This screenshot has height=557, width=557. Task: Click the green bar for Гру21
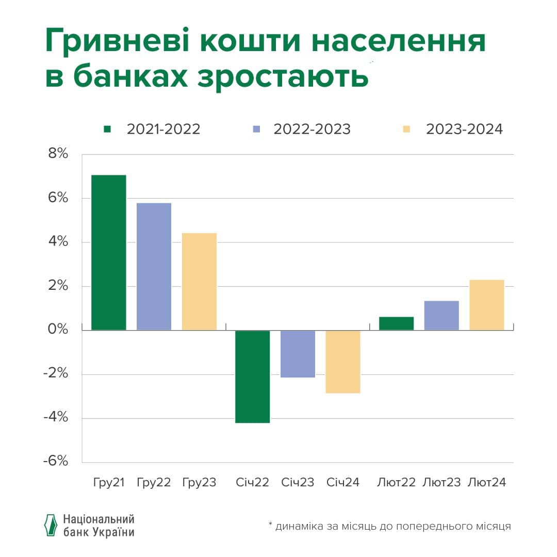(x=109, y=253)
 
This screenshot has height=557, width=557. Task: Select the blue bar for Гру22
(x=154, y=267)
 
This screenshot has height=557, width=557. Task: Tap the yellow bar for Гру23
(x=199, y=282)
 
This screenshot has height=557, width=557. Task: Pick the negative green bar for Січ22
(x=253, y=376)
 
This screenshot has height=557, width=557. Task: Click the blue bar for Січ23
(x=298, y=354)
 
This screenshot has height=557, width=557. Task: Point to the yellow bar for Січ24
(x=343, y=362)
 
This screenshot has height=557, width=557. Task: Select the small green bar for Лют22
(x=396, y=323)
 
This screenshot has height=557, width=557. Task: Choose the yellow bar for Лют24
(x=486, y=305)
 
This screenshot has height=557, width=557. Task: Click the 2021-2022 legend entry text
(x=163, y=129)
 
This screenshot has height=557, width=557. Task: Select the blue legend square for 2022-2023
(x=258, y=129)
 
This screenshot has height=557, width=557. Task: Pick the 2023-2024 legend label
(x=464, y=129)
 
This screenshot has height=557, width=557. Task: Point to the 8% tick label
(x=56, y=154)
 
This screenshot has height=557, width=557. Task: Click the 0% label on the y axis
(x=56, y=330)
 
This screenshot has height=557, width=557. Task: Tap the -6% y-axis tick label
(x=55, y=461)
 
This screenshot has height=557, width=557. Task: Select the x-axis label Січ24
(x=343, y=483)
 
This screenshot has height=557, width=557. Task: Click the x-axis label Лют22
(x=396, y=483)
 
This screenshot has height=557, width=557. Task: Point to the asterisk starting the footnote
(x=270, y=525)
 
